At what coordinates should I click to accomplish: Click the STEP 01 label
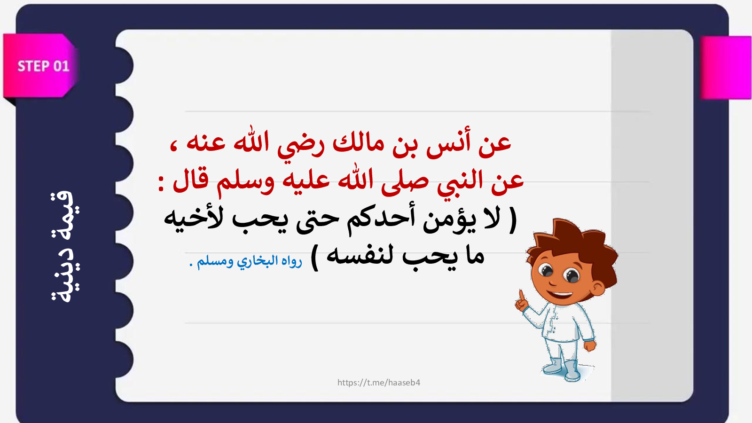[x=43, y=66]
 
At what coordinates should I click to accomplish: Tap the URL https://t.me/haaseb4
[x=379, y=383]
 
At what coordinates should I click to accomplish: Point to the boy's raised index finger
[x=521, y=296]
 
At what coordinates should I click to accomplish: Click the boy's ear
[x=598, y=288]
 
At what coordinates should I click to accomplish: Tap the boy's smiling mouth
[x=560, y=296]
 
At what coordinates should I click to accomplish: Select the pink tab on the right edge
[x=726, y=68]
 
